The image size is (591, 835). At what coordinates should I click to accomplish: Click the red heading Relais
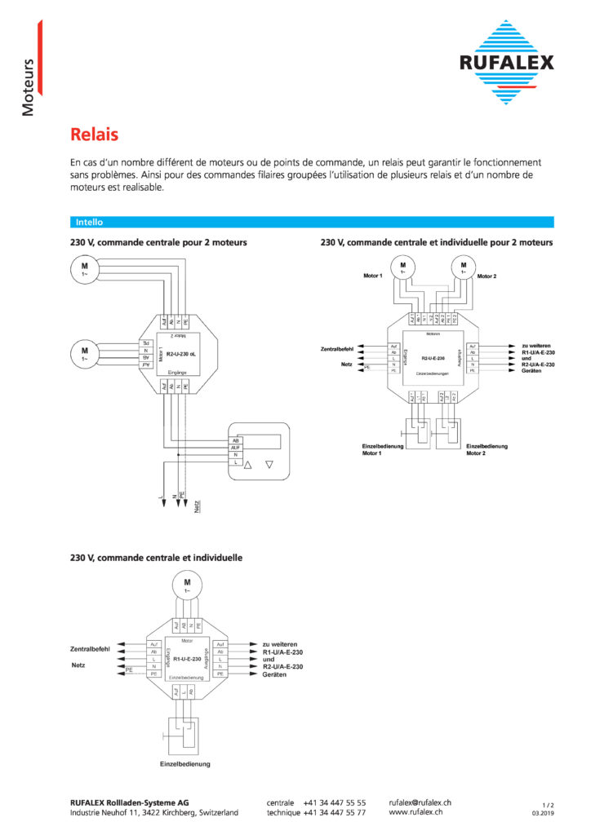[94, 134]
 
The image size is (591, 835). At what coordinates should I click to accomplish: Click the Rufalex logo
[506, 62]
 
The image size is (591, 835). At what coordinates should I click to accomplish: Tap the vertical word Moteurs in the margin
[29, 86]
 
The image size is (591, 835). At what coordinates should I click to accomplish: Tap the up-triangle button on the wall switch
[250, 464]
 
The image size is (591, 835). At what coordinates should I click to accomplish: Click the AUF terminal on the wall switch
[236, 448]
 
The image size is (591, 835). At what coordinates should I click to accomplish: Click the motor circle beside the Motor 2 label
[464, 266]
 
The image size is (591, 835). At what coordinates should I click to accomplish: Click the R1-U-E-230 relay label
[187, 658]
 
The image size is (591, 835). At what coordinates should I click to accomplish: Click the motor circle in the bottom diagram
[187, 584]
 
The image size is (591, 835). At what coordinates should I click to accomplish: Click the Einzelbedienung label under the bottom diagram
[185, 764]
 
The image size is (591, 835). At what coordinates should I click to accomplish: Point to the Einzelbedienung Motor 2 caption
[487, 450]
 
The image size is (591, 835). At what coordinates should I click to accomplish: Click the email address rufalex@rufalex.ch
[420, 803]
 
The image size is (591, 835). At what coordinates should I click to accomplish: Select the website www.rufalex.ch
[415, 813]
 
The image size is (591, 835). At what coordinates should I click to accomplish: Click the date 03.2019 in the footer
[543, 814]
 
